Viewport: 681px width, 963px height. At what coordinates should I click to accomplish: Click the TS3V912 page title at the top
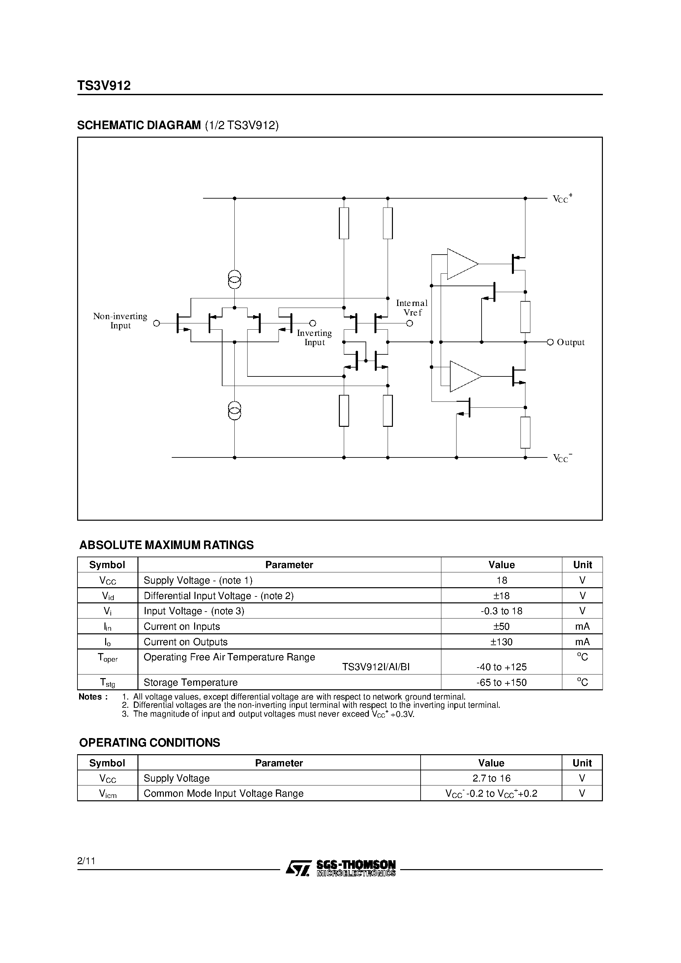(104, 86)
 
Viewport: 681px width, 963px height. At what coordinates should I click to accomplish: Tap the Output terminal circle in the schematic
(550, 342)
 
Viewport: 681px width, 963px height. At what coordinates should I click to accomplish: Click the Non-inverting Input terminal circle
(157, 323)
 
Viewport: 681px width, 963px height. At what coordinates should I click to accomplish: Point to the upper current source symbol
(234, 279)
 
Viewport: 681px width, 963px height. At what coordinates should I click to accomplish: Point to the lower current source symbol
(234, 410)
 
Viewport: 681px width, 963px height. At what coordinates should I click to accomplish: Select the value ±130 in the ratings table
(501, 642)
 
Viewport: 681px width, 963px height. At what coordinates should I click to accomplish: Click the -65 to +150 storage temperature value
(501, 682)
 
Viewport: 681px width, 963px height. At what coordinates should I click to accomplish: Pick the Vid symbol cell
(107, 596)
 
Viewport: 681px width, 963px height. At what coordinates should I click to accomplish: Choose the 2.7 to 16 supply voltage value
(491, 778)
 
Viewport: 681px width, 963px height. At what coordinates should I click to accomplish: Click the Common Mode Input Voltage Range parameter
(223, 793)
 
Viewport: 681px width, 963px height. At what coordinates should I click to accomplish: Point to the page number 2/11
(86, 861)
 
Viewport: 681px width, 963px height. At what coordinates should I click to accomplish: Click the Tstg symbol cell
(107, 683)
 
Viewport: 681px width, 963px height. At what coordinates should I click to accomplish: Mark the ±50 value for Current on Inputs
(501, 627)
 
